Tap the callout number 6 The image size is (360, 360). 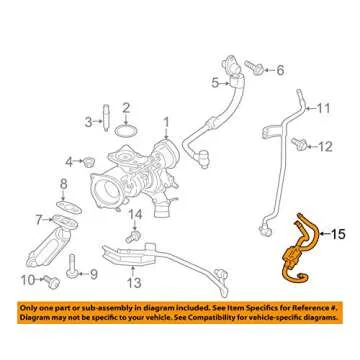pyautogui.click(x=280, y=70)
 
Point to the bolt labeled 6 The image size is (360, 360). pyautogui.click(x=255, y=67)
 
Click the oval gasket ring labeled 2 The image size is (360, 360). pyautogui.click(x=126, y=131)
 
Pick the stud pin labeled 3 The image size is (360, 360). pyautogui.click(x=106, y=118)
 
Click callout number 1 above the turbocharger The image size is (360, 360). pyautogui.click(x=166, y=124)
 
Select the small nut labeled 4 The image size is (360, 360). pyautogui.click(x=89, y=162)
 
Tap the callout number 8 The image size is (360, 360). pyautogui.click(x=64, y=184)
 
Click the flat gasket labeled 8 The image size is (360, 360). pyautogui.click(x=69, y=207)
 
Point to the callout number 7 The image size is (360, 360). pyautogui.click(x=39, y=220)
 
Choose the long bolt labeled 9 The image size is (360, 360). pyautogui.click(x=72, y=266)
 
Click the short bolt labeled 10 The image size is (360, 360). pyautogui.click(x=53, y=282)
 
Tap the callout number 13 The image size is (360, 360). pyautogui.click(x=134, y=283)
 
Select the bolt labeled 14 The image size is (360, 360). pyautogui.click(x=133, y=236)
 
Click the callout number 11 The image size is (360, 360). pyautogui.click(x=323, y=109)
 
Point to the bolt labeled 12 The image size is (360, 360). pyautogui.click(x=298, y=144)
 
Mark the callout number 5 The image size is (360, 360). pyautogui.click(x=216, y=83)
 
